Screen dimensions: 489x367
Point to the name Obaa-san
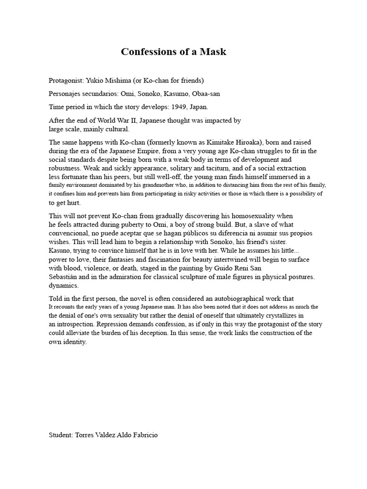(205, 94)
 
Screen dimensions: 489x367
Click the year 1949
(182, 107)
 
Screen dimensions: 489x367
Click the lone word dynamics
(64, 286)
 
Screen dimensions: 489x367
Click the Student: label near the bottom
(61, 435)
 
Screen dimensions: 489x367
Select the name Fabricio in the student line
(143, 435)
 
